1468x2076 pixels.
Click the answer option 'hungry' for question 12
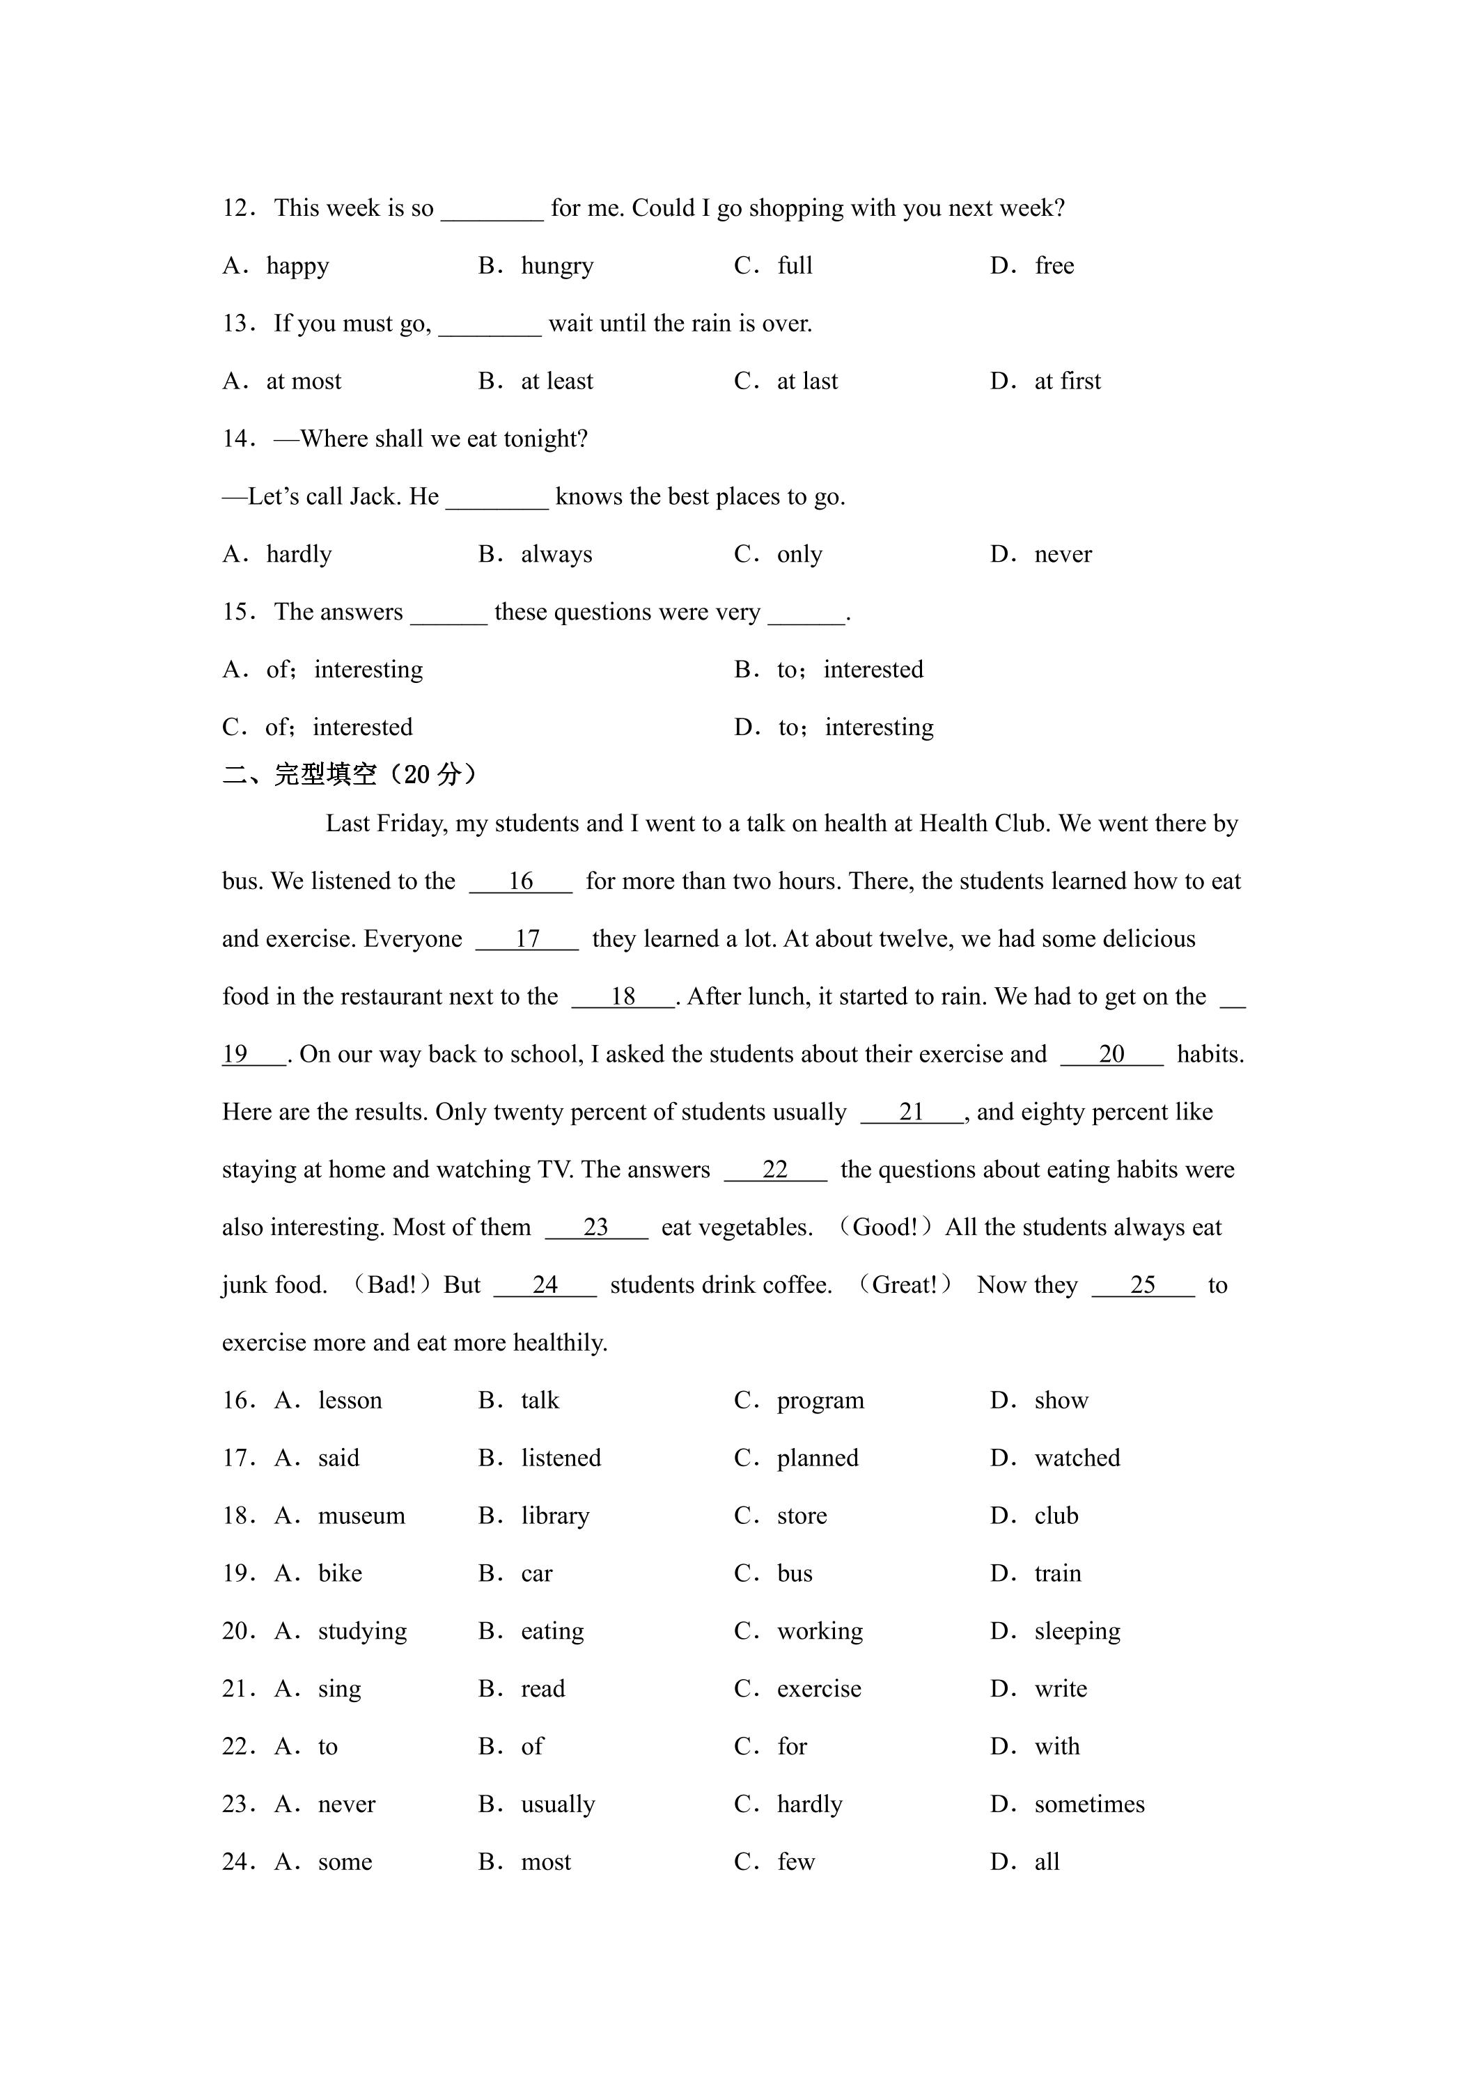pos(556,266)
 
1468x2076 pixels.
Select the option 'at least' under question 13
pos(556,382)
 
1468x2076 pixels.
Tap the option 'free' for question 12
pos(1054,266)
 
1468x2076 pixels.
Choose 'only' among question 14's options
pos(799,554)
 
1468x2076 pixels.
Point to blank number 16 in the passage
pos(520,881)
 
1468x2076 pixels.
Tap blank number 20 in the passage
pos(1111,1054)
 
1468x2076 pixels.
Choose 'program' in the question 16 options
pos(820,1401)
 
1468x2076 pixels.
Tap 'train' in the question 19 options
pos(1057,1574)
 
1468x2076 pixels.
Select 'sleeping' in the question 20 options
pos(1077,1632)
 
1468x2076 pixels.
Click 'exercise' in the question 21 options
pos(818,1689)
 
